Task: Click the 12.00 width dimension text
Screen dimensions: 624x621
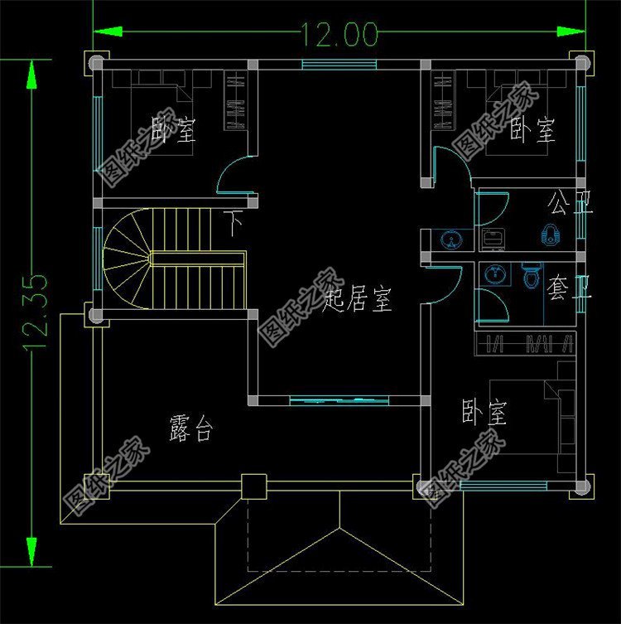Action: point(339,34)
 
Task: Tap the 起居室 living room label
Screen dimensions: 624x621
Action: point(357,297)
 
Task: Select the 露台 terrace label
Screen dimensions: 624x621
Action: point(192,429)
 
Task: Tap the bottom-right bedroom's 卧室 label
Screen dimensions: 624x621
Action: point(484,413)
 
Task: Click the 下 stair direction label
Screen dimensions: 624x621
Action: point(236,224)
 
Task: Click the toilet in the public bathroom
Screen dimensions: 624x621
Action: point(550,235)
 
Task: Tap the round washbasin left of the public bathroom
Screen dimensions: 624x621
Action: point(451,239)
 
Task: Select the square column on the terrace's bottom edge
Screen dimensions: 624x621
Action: point(253,486)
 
